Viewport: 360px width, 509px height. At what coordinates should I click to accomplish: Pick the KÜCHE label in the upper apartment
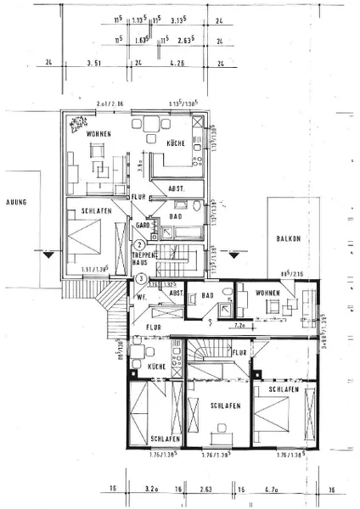pyautogui.click(x=177, y=143)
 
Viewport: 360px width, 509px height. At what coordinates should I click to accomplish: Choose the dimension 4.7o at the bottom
pyautogui.click(x=288, y=489)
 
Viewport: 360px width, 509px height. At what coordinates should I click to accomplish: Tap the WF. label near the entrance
pyautogui.click(x=140, y=298)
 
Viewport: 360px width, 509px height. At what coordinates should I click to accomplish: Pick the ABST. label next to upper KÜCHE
pyautogui.click(x=177, y=188)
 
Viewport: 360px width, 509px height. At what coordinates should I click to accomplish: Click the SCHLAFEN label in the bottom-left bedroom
pyautogui.click(x=164, y=439)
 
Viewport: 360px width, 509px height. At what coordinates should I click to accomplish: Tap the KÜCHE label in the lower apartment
pyautogui.click(x=156, y=366)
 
